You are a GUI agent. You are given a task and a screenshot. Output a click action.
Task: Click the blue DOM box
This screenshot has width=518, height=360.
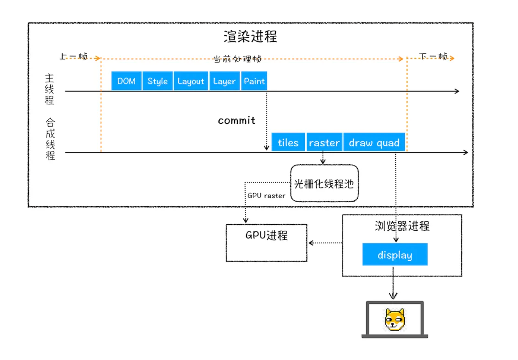(x=126, y=81)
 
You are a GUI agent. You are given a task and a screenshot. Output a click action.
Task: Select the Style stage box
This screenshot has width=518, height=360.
(x=157, y=81)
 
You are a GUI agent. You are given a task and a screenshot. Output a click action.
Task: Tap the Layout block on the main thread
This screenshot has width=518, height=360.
(x=191, y=81)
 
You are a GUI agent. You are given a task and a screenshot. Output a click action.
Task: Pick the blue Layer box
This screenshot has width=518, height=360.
(x=224, y=81)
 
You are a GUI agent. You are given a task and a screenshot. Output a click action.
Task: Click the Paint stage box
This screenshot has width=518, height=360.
(x=254, y=81)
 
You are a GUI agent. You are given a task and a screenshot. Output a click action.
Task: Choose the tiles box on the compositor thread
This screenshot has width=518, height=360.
(x=288, y=142)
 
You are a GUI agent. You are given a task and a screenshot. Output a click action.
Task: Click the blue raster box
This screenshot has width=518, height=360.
(x=324, y=142)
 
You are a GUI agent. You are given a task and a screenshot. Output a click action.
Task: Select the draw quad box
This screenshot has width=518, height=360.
(x=374, y=142)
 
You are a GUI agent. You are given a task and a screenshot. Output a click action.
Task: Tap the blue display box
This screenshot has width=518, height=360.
(x=395, y=254)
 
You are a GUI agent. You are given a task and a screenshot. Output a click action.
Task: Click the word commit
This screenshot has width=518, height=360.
(x=237, y=121)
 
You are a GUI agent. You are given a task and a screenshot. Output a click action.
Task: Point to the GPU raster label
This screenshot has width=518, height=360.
(x=266, y=196)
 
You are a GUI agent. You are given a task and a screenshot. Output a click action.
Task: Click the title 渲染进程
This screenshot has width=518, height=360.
(x=250, y=37)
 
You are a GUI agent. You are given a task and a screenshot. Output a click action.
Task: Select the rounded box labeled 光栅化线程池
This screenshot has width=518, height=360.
(x=324, y=183)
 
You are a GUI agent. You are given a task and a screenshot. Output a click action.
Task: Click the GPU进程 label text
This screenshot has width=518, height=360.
(x=267, y=235)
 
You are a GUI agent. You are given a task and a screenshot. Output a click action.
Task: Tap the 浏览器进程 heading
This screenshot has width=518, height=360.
(x=402, y=226)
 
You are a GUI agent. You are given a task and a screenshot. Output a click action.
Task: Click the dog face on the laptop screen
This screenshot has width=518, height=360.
(x=395, y=319)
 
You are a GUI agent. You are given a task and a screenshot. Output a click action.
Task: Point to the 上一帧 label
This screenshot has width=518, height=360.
(x=73, y=56)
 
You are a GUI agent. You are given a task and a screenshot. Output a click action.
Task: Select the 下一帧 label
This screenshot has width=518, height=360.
(x=433, y=56)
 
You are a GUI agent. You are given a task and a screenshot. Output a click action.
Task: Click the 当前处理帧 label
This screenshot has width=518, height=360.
(x=237, y=59)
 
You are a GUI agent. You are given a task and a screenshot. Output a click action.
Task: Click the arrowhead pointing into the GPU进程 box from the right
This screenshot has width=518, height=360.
(x=311, y=243)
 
